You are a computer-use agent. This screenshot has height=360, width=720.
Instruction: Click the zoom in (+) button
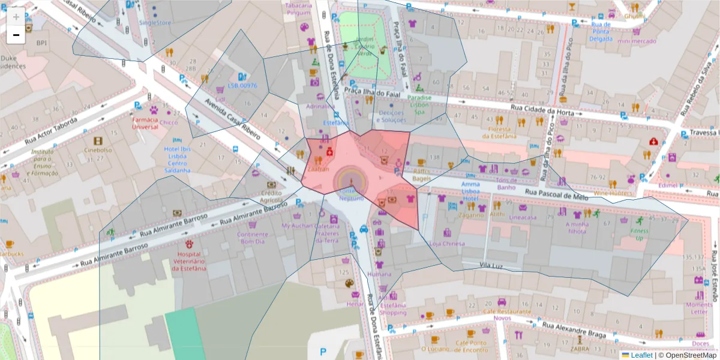(x=16, y=17)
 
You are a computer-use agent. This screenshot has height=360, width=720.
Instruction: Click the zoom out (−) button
(x=16, y=35)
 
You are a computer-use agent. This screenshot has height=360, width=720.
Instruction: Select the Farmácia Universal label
(x=144, y=123)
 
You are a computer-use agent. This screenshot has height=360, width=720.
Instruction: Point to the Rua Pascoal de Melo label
(x=556, y=193)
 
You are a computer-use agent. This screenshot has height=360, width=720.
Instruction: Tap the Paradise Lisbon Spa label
(x=419, y=104)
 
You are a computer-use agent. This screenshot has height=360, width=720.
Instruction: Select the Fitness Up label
(x=638, y=235)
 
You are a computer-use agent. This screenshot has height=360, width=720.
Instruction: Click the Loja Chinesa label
(x=448, y=244)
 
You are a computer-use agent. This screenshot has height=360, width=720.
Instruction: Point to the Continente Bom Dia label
(x=253, y=238)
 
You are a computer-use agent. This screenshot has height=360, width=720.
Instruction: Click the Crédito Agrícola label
(x=271, y=197)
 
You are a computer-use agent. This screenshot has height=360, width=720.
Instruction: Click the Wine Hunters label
(x=613, y=193)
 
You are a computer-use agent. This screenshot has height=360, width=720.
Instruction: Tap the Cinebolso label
(x=98, y=150)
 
